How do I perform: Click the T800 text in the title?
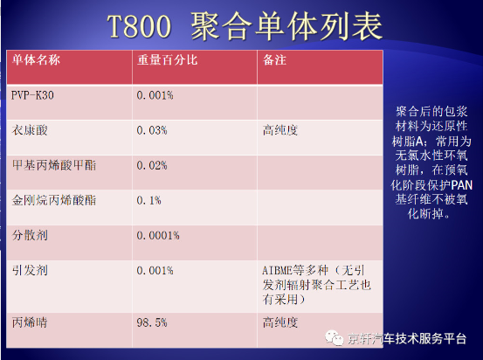pos(139,26)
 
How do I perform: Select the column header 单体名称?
pos(36,59)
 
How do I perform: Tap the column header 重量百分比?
pos(168,59)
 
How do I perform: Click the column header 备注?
pos(274,59)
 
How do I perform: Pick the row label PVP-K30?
pos(32,95)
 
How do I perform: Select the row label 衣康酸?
pos(30,130)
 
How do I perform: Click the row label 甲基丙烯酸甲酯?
pos(54,165)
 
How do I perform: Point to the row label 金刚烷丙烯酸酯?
pos(54,200)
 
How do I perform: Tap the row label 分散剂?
pos(30,235)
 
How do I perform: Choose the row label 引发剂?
pos(30,271)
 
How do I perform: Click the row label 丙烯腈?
pos(30,322)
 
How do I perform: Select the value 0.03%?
pos(152,130)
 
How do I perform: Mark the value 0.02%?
pos(152,165)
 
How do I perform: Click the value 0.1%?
pos(148,201)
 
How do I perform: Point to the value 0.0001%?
pos(158,236)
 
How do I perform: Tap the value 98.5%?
pos(152,322)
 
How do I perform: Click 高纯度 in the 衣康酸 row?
pos(280,130)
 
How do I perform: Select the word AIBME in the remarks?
pos(277,271)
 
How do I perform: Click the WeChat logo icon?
pos(335,338)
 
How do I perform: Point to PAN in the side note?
pos(461,185)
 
